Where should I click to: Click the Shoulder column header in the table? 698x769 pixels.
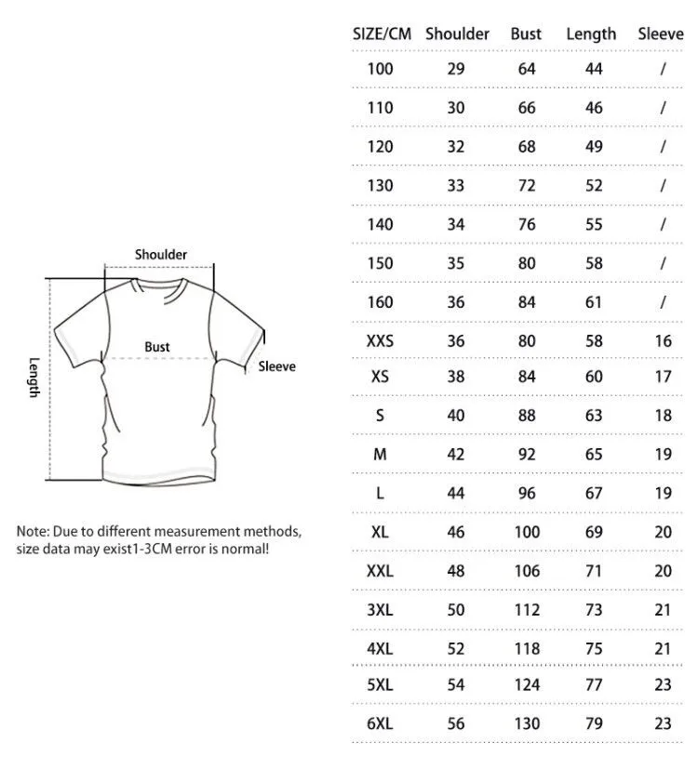[457, 33]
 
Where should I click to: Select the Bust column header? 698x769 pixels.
[526, 33]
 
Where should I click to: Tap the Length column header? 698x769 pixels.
[591, 33]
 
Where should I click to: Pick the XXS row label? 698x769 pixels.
[380, 340]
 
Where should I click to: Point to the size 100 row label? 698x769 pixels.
[380, 69]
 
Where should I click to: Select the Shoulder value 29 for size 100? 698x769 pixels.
[456, 69]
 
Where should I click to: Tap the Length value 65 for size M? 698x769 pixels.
[594, 456]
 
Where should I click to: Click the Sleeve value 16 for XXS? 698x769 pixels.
[663, 340]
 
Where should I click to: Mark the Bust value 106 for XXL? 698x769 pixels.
[527, 571]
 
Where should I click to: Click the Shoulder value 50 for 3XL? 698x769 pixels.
[456, 610]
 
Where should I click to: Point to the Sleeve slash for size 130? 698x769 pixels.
[663, 185]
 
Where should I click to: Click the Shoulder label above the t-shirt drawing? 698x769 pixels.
[161, 254]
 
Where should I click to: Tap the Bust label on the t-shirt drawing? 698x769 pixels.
[157, 347]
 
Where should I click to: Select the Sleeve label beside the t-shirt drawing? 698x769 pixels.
[276, 366]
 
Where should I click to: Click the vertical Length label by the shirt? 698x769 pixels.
[34, 378]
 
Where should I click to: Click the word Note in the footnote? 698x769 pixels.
[33, 532]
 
